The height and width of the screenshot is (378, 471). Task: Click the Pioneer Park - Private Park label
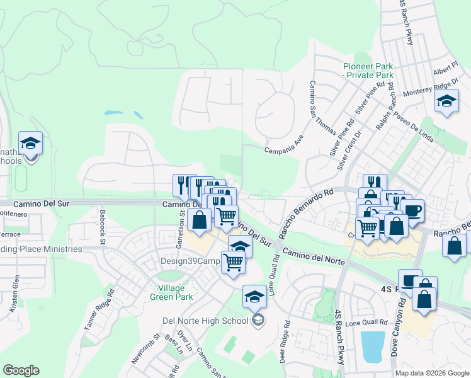pyautogui.click(x=368, y=71)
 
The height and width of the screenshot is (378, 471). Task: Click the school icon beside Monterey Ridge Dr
pyautogui.click(x=446, y=101)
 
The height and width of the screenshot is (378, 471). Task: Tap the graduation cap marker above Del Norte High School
pyautogui.click(x=254, y=296)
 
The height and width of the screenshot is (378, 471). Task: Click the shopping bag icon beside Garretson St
pyautogui.click(x=200, y=220)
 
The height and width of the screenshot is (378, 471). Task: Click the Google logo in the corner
pyautogui.click(x=21, y=370)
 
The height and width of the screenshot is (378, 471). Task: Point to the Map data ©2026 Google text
pyautogui.click(x=432, y=373)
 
